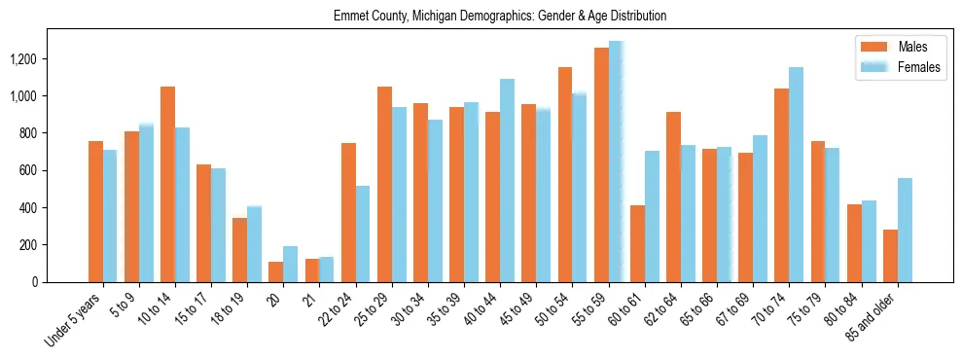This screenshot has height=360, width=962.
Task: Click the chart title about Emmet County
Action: click(500, 17)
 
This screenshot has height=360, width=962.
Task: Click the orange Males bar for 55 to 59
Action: click(601, 165)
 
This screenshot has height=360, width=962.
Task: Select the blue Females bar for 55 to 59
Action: click(616, 162)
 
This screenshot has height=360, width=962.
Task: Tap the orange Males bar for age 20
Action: click(276, 271)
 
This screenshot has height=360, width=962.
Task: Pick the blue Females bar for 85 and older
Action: click(905, 230)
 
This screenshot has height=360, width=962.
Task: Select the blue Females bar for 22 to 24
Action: click(363, 234)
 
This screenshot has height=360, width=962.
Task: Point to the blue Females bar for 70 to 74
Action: click(797, 174)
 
